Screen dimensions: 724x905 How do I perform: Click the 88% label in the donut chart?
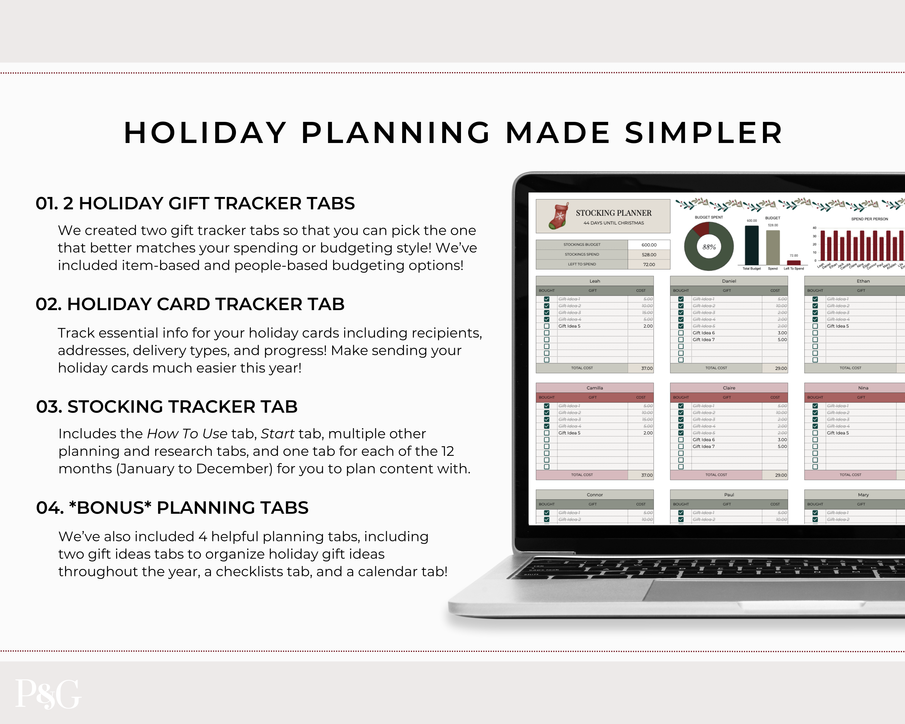click(709, 247)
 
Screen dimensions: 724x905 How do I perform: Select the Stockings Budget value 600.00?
click(649, 245)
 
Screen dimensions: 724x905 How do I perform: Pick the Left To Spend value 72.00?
click(649, 265)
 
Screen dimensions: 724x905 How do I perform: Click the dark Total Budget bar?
click(751, 245)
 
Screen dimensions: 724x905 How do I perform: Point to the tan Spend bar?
click(773, 248)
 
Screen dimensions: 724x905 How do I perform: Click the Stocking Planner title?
click(613, 213)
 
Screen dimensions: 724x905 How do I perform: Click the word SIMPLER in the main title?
click(703, 133)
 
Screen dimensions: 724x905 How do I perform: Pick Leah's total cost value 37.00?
click(647, 368)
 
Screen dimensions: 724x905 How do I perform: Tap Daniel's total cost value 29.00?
click(781, 368)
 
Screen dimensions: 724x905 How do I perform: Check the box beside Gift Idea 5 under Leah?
click(547, 326)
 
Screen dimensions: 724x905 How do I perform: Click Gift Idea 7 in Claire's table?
click(703, 446)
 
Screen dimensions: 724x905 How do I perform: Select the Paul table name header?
click(729, 495)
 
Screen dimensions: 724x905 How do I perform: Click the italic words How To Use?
click(187, 433)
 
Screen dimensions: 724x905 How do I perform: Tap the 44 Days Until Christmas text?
click(613, 223)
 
